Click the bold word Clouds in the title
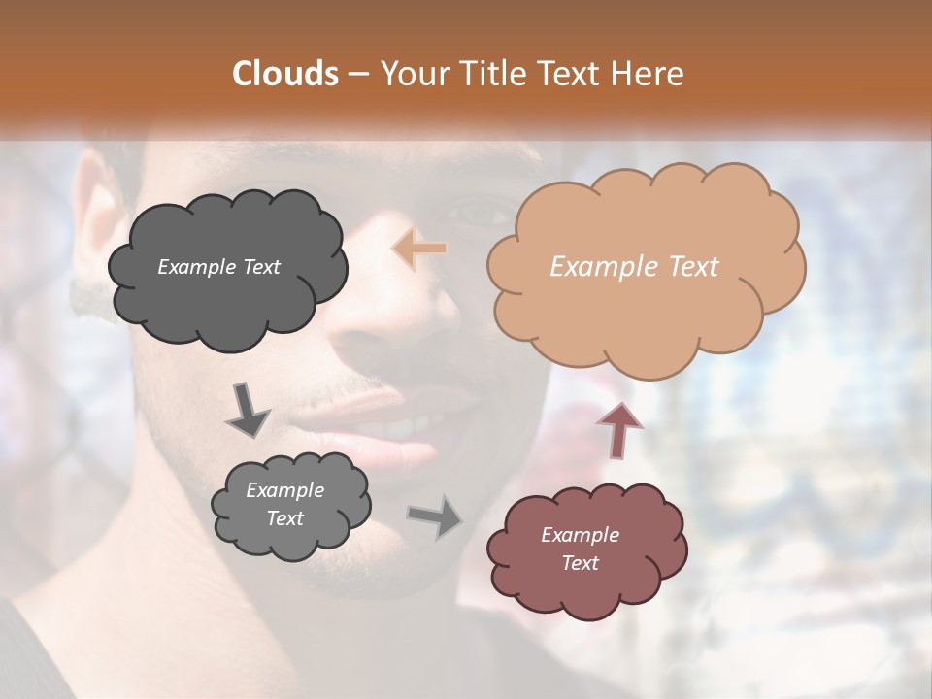pyautogui.click(x=285, y=74)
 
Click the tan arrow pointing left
pyautogui.click(x=419, y=249)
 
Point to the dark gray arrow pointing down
pyautogui.click(x=247, y=409)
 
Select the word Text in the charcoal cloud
pyautogui.click(x=260, y=267)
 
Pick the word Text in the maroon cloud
pyautogui.click(x=580, y=563)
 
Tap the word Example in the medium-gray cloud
pyautogui.click(x=284, y=491)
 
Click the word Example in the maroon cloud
pyautogui.click(x=580, y=535)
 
